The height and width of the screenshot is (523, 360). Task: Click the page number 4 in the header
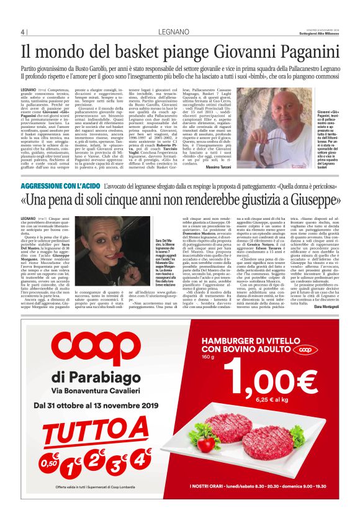[23, 32]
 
